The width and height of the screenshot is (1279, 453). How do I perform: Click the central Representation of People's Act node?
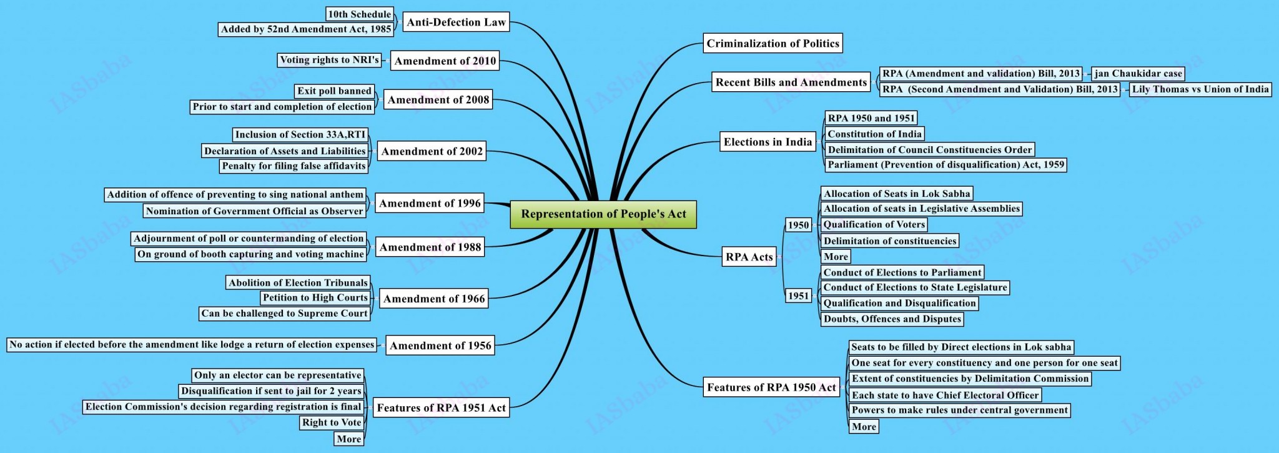click(603, 214)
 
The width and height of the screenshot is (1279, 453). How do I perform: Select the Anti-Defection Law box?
click(456, 22)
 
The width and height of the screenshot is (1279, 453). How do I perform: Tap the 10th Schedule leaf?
click(360, 14)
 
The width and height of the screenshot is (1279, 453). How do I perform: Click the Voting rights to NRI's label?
click(329, 60)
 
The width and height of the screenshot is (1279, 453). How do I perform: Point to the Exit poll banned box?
click(334, 91)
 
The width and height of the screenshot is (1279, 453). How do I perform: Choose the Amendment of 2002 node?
click(432, 151)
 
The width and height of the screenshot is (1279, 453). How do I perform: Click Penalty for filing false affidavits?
click(294, 166)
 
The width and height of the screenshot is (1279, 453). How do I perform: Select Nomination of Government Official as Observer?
click(254, 211)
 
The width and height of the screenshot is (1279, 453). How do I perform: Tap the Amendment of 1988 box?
click(430, 247)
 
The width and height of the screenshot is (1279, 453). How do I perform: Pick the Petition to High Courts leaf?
click(315, 298)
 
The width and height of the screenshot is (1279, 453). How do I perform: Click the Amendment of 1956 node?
click(440, 346)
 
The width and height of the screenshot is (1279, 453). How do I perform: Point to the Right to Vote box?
click(332, 423)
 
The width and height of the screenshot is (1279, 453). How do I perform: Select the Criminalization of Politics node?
click(773, 44)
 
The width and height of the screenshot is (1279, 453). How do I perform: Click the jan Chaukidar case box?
click(1138, 74)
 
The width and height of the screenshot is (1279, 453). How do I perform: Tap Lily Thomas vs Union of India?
click(1200, 89)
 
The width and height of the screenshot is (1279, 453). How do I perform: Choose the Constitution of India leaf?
click(874, 134)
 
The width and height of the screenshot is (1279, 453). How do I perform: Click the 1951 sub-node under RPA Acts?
click(798, 296)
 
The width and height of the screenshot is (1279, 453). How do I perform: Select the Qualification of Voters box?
click(874, 225)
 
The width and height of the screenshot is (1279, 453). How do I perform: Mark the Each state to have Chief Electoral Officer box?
click(945, 396)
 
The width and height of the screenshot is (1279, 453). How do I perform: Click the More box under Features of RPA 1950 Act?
click(864, 427)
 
